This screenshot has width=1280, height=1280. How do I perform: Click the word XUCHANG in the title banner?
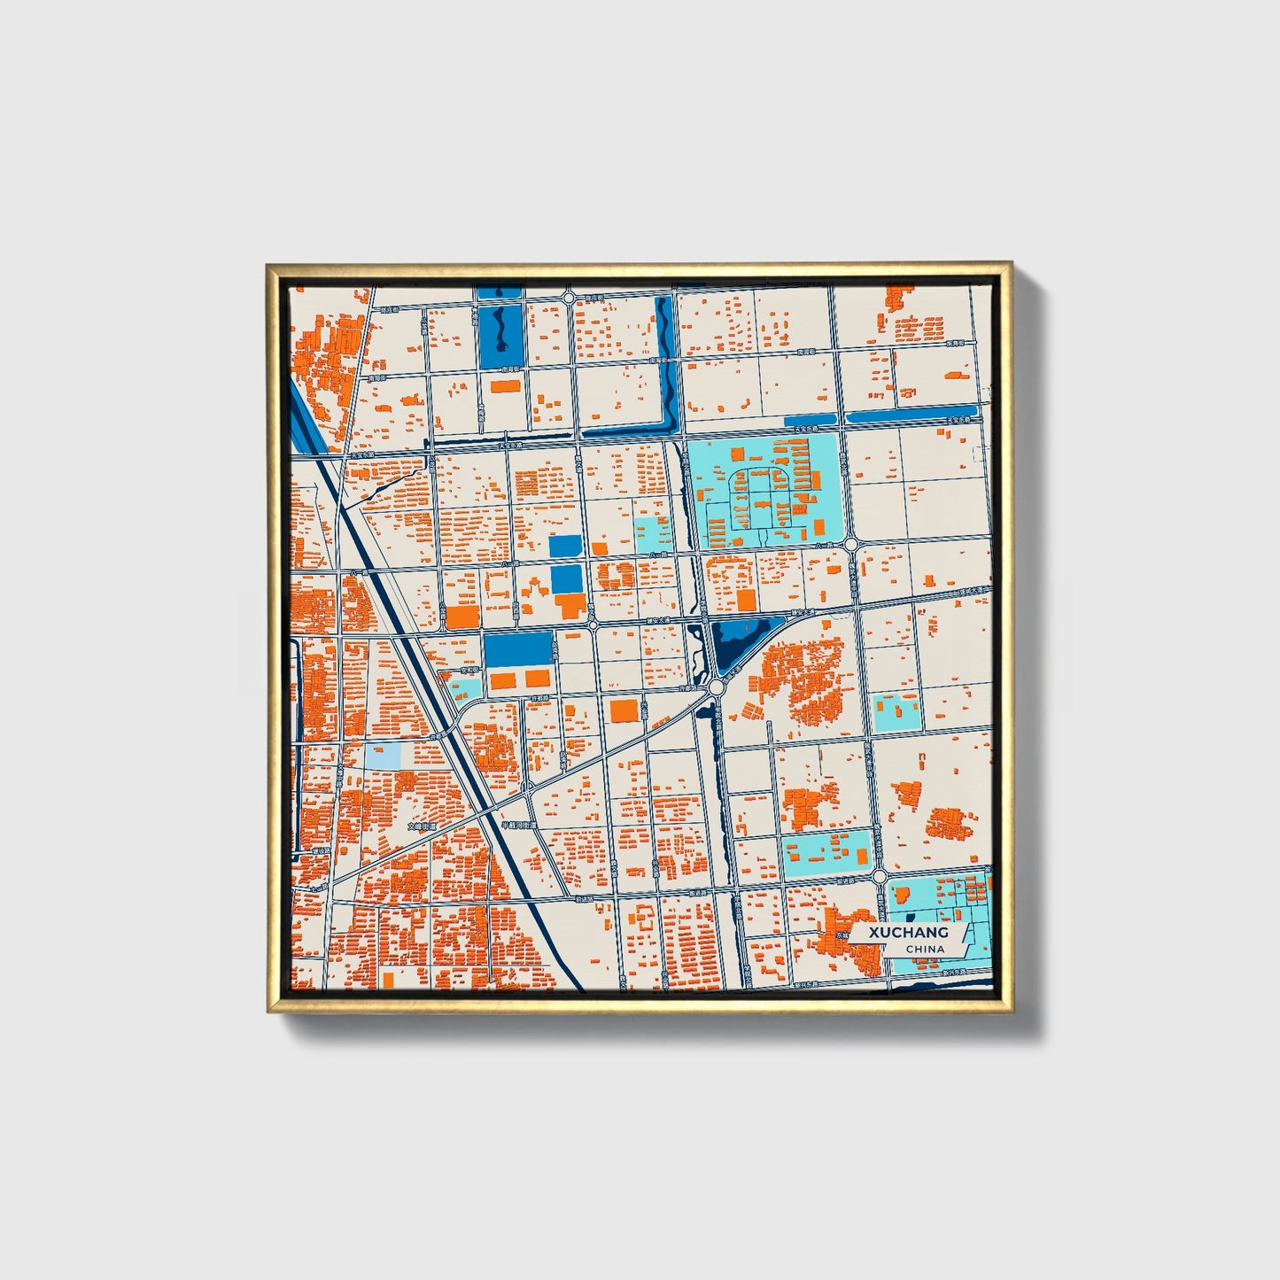[x=908, y=933]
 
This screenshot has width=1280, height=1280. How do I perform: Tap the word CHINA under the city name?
[x=925, y=950]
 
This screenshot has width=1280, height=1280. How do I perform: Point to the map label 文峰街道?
[x=423, y=826]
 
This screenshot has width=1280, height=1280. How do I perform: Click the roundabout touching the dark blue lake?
[x=716, y=687]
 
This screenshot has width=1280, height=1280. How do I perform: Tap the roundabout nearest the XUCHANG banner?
[x=879, y=876]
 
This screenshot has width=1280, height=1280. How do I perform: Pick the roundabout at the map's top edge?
[x=568, y=297]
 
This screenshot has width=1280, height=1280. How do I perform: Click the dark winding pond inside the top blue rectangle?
[x=500, y=330]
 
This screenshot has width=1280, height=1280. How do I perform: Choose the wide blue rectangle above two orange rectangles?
[x=517, y=649]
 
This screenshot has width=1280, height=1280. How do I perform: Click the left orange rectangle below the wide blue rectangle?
[x=502, y=680]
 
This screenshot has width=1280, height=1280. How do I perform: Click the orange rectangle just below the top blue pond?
[x=505, y=386]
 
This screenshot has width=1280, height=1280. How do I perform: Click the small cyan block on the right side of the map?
[x=896, y=712]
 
